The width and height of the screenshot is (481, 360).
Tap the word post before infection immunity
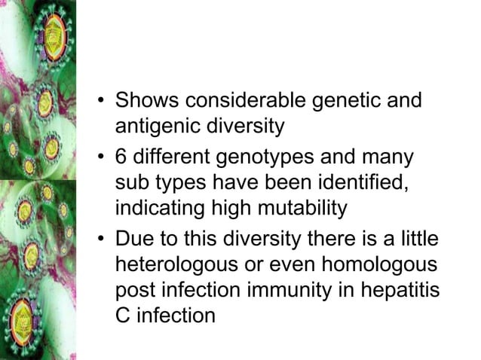(x=136, y=290)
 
